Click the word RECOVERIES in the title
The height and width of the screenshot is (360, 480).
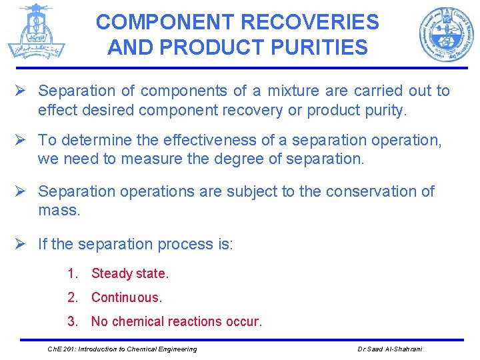coord(309,22)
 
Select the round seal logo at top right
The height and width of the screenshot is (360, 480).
coord(446,34)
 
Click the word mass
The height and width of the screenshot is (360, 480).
coord(59,211)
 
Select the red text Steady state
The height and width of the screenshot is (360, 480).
coord(130,273)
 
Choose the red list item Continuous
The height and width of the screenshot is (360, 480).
coord(127,297)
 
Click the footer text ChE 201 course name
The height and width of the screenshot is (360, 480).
coord(122,349)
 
